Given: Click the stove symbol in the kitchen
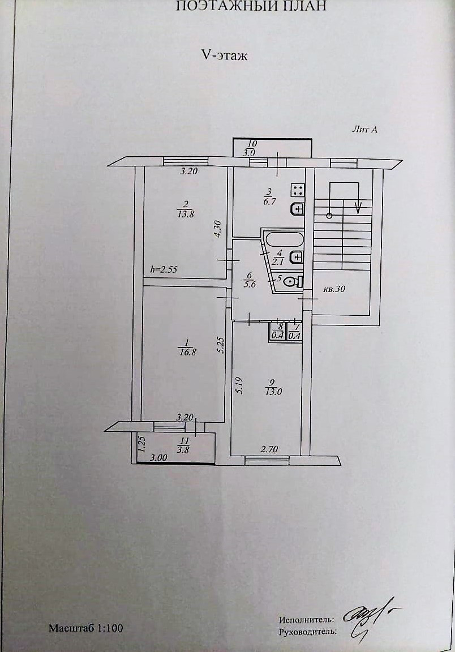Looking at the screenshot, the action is pos(297,190).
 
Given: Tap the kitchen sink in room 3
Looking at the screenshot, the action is pos(297,209).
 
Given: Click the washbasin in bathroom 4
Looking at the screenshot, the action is pos(297,258).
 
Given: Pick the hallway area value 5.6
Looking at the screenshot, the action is pos(250,284).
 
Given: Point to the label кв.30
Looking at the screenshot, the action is pos(334,289).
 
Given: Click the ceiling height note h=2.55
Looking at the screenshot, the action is pos(164,270).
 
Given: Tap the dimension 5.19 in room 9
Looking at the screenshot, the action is pos(239,385).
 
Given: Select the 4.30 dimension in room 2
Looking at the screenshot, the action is pos(217,229).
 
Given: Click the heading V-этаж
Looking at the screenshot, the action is pos(224,56).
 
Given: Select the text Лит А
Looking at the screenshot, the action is pos(364,130).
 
